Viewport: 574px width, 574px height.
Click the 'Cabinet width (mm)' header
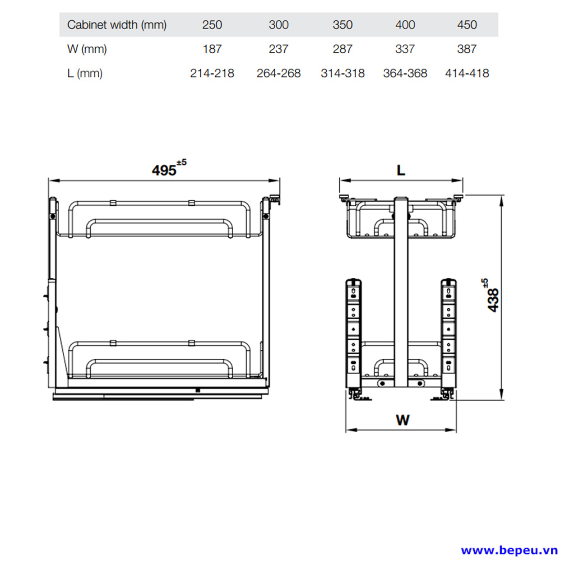[x=117, y=25]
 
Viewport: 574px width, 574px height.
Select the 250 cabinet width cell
[x=212, y=25]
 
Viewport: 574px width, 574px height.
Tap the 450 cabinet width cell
[x=467, y=25]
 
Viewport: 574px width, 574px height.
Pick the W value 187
[x=212, y=49]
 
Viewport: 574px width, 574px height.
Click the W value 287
[x=342, y=49]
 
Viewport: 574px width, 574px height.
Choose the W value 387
[x=467, y=49]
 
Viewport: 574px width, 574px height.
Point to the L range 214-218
[x=212, y=73]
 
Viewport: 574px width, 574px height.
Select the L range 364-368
[x=405, y=73]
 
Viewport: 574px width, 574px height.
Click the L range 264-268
[x=279, y=73]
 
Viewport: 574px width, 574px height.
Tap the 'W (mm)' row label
[x=87, y=49]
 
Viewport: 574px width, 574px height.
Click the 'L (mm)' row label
[x=85, y=73]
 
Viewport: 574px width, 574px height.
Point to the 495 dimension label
[x=169, y=168]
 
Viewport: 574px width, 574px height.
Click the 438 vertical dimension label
[x=491, y=295]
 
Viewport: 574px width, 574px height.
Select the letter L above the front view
[x=401, y=170]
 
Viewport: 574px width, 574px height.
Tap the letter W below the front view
[x=402, y=420]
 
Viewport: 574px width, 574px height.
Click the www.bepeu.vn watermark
[x=509, y=550]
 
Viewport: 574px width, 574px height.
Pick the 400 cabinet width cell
[x=405, y=25]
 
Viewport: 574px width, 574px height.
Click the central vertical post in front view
[x=401, y=292]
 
